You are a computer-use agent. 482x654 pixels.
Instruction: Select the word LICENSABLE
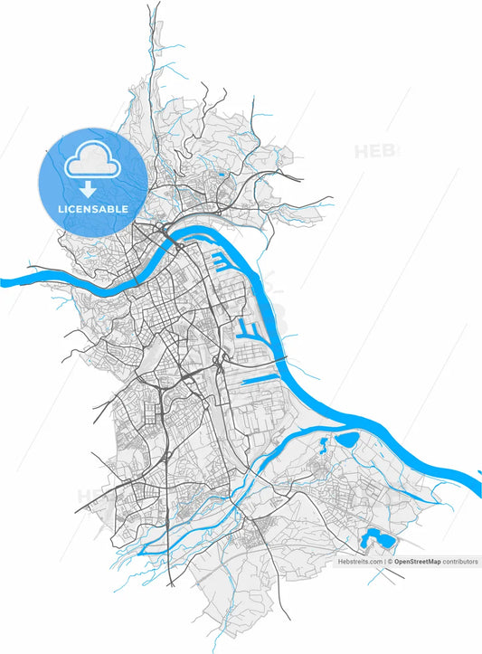pyautogui.click(x=92, y=209)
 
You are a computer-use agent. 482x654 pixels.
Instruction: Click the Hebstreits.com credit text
pyautogui.click(x=361, y=562)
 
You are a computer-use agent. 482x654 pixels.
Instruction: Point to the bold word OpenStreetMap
pyautogui.click(x=417, y=562)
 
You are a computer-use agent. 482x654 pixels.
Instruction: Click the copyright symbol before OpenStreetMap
pyautogui.click(x=390, y=562)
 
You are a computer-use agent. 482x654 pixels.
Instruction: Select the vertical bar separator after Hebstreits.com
pyautogui.click(x=384, y=562)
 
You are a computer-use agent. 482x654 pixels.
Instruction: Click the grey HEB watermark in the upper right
pyautogui.click(x=375, y=151)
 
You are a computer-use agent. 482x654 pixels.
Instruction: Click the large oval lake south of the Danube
pyautogui.click(x=348, y=441)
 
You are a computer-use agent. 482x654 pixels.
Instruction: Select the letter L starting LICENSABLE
pyautogui.click(x=60, y=209)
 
